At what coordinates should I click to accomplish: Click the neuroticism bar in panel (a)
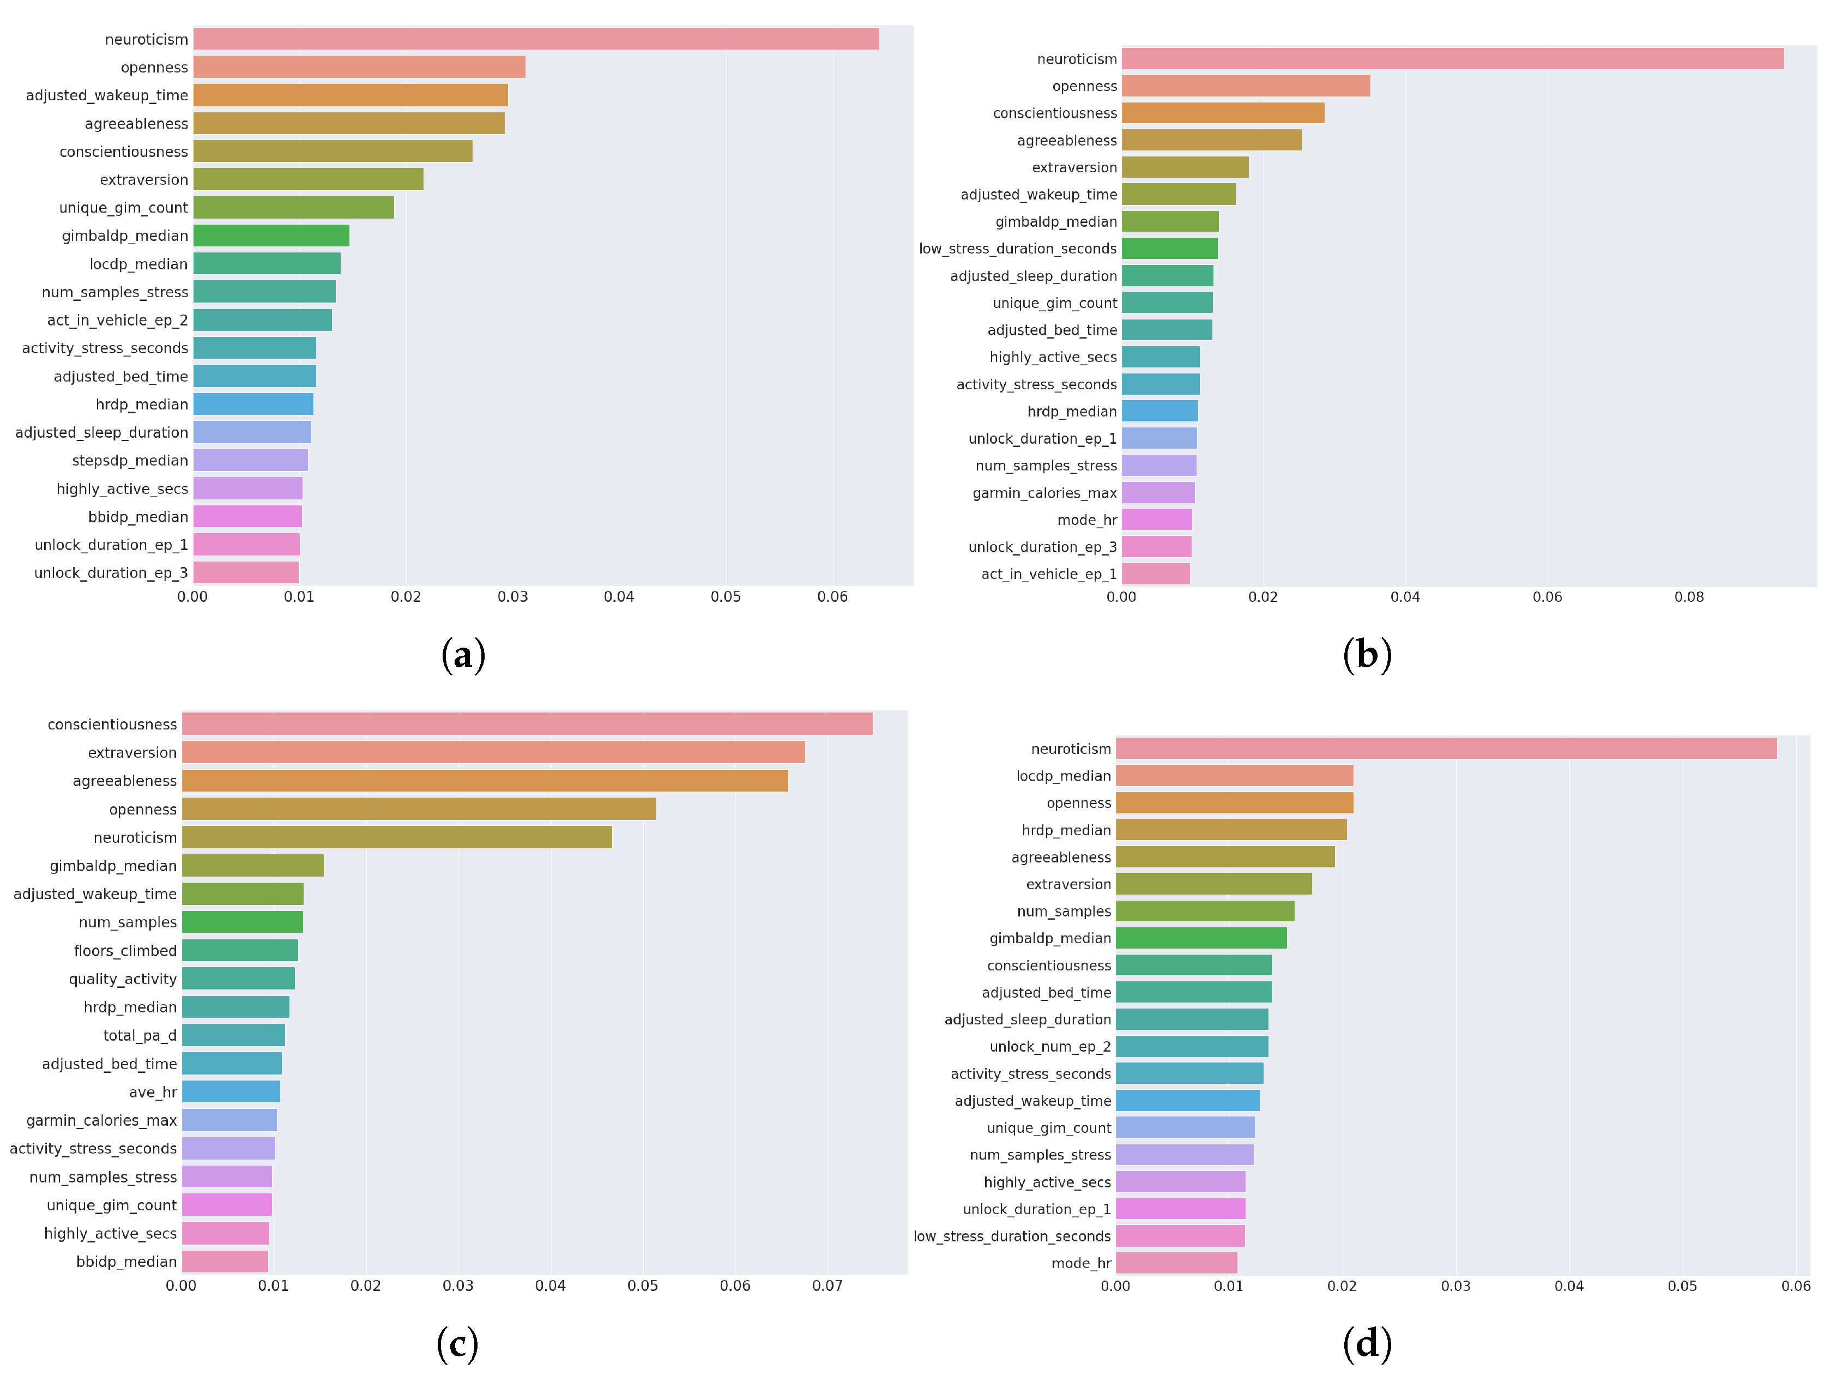coord(535,39)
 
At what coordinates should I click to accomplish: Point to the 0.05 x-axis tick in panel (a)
coord(726,597)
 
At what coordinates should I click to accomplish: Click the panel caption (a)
coord(463,655)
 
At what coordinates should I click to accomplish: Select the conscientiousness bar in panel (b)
coord(1223,113)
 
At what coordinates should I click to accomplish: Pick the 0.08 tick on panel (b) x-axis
coord(1688,597)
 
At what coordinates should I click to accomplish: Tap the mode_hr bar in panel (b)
coord(1156,520)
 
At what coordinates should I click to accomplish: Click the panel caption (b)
coord(1366,655)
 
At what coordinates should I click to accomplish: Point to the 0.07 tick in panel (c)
coord(827,1286)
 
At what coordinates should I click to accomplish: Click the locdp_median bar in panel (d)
coord(1234,776)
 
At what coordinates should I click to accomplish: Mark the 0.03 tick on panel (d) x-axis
coord(1455,1286)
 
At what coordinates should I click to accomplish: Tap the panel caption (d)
coord(1366,1344)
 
